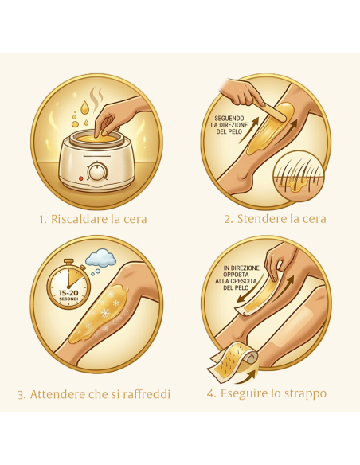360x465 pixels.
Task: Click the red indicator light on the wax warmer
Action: (x=80, y=178)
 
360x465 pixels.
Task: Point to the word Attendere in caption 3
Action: (x=57, y=394)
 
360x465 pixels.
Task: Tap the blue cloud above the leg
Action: (x=101, y=257)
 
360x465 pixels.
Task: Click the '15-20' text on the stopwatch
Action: (x=68, y=293)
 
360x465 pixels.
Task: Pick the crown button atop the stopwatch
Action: (x=68, y=261)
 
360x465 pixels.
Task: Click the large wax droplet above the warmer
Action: (x=84, y=107)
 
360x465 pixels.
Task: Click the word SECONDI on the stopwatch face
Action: (x=68, y=299)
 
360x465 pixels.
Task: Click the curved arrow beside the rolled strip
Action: (x=247, y=377)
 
